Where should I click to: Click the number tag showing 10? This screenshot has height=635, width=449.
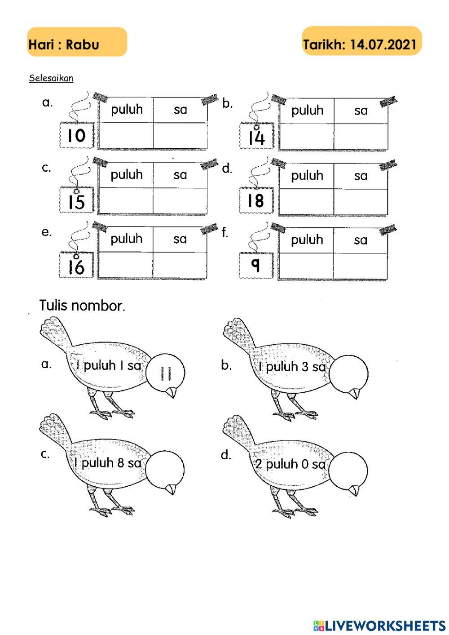click(x=76, y=135)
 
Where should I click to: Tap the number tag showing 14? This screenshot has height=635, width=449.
click(x=256, y=137)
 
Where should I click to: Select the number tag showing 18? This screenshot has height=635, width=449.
click(x=256, y=200)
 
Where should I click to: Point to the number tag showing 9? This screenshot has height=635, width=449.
click(x=255, y=266)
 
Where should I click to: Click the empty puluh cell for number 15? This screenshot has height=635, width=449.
click(x=126, y=200)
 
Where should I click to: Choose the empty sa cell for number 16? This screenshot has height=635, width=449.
click(x=180, y=265)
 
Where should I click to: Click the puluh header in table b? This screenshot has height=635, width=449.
click(x=307, y=111)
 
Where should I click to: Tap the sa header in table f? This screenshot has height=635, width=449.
click(x=361, y=240)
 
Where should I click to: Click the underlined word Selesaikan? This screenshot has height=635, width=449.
click(x=51, y=78)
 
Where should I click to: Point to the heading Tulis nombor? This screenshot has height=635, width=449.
click(x=82, y=306)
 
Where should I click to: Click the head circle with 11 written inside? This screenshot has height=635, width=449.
click(x=165, y=372)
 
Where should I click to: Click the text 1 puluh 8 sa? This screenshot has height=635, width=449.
click(x=108, y=462)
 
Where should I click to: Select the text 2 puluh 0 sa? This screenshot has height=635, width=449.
click(x=290, y=464)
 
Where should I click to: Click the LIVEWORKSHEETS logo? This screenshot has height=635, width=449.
click(x=379, y=625)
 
